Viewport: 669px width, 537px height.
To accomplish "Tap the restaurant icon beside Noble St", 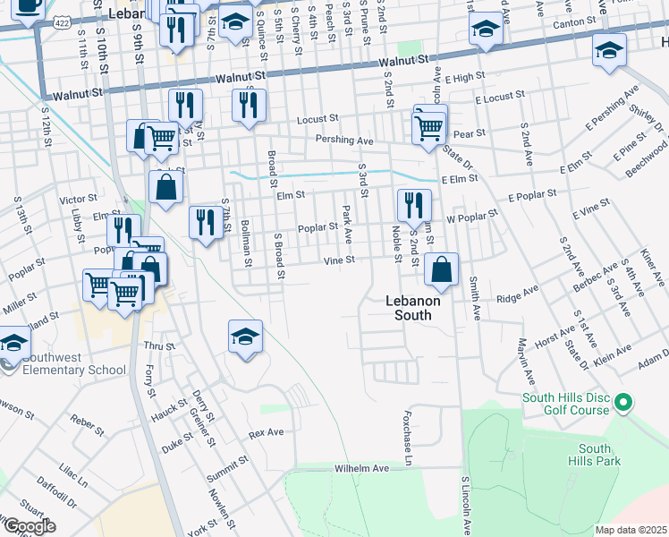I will point(412,206).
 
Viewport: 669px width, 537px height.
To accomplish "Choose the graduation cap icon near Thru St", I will point(245,337).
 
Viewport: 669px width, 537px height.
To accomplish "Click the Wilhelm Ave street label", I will point(362,468).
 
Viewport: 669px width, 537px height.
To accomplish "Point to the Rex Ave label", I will point(266,432).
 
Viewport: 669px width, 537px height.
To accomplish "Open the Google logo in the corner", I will point(29,526).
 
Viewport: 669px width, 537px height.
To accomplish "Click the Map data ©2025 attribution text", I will point(631,530).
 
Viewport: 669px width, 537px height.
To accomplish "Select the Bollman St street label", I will point(244,244).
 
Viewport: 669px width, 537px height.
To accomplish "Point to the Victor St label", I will point(77,199).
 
